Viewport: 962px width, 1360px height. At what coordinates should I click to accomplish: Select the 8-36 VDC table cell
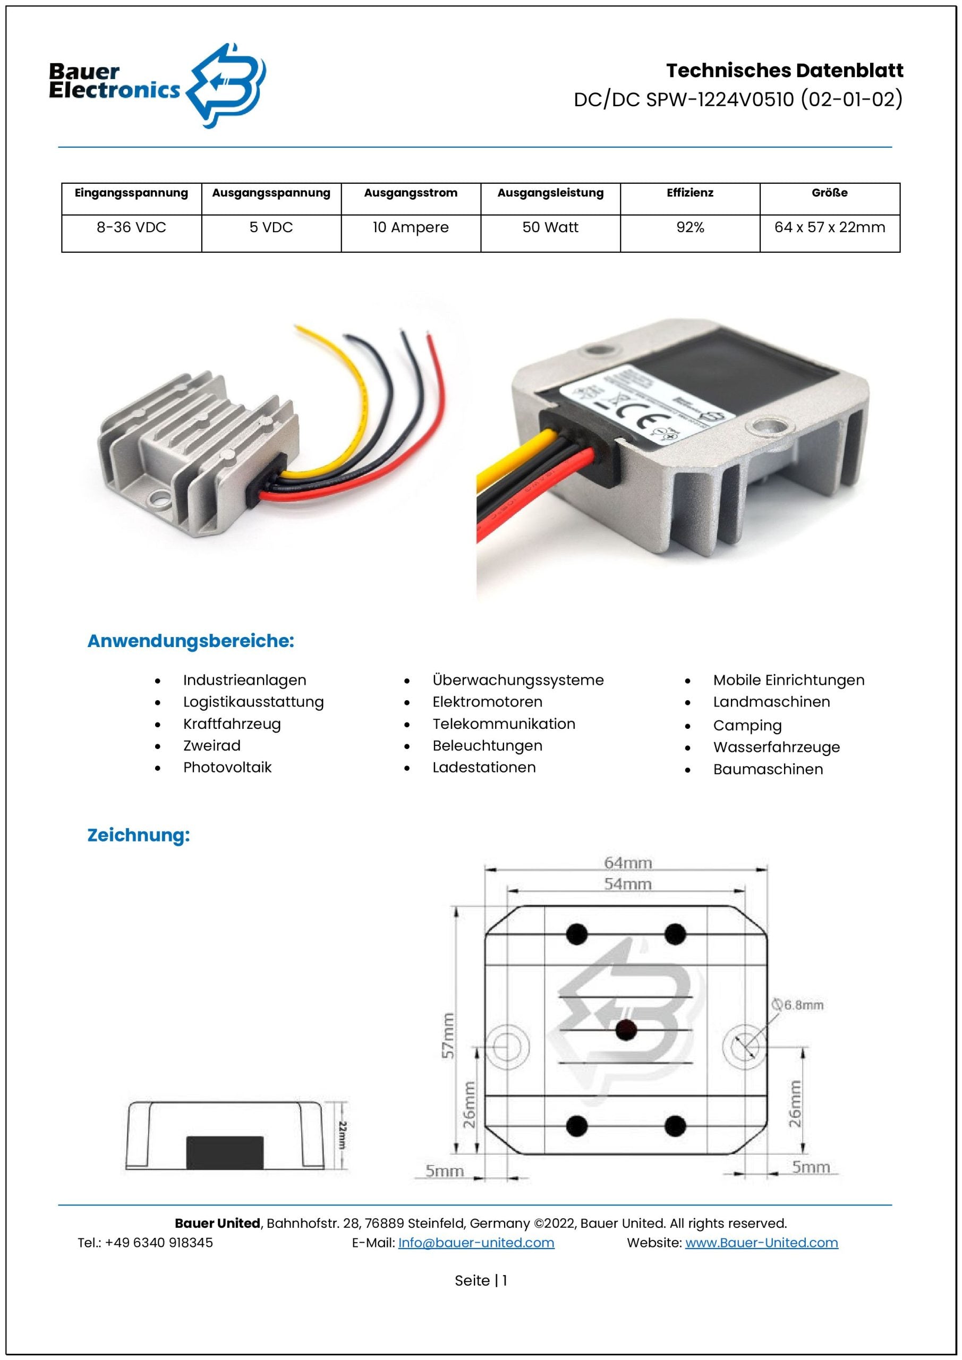[132, 227]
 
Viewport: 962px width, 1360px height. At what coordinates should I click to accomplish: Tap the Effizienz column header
[689, 192]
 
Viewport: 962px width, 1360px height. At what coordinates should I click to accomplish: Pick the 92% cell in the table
[689, 227]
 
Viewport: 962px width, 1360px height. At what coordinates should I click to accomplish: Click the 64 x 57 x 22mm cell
[829, 227]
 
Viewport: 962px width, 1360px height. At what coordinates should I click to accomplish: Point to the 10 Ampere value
[411, 227]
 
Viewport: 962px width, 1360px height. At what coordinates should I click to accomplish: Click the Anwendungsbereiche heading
[191, 641]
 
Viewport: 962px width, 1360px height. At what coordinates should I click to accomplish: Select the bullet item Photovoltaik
[227, 767]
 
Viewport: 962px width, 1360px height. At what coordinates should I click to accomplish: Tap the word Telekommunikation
[504, 724]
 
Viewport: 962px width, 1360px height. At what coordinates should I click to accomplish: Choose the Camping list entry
[747, 726]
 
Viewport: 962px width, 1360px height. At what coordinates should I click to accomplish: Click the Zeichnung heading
[139, 835]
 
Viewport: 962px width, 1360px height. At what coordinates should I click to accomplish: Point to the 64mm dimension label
[627, 863]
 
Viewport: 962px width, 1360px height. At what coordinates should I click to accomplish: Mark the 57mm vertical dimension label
[448, 1035]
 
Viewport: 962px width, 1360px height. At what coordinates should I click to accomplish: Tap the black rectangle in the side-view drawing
[225, 1153]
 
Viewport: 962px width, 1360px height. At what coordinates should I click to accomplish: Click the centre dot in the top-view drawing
[626, 1030]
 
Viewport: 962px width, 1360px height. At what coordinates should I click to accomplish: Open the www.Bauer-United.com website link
[761, 1243]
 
